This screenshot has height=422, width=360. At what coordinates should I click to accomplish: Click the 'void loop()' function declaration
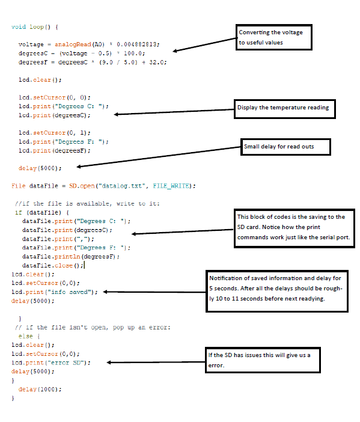pos(35,27)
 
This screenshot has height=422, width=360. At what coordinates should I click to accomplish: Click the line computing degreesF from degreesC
pos(93,62)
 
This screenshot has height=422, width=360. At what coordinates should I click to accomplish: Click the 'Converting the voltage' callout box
pos(274,37)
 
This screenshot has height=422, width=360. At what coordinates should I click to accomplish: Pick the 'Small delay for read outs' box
pos(285,147)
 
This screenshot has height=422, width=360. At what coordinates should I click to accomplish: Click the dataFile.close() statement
pos(53,265)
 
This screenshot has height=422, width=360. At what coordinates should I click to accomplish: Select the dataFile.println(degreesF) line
pos(71,256)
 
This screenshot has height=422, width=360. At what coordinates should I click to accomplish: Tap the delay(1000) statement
pos(40,389)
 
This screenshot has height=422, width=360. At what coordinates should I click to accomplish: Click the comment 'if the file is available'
pos(88,203)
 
